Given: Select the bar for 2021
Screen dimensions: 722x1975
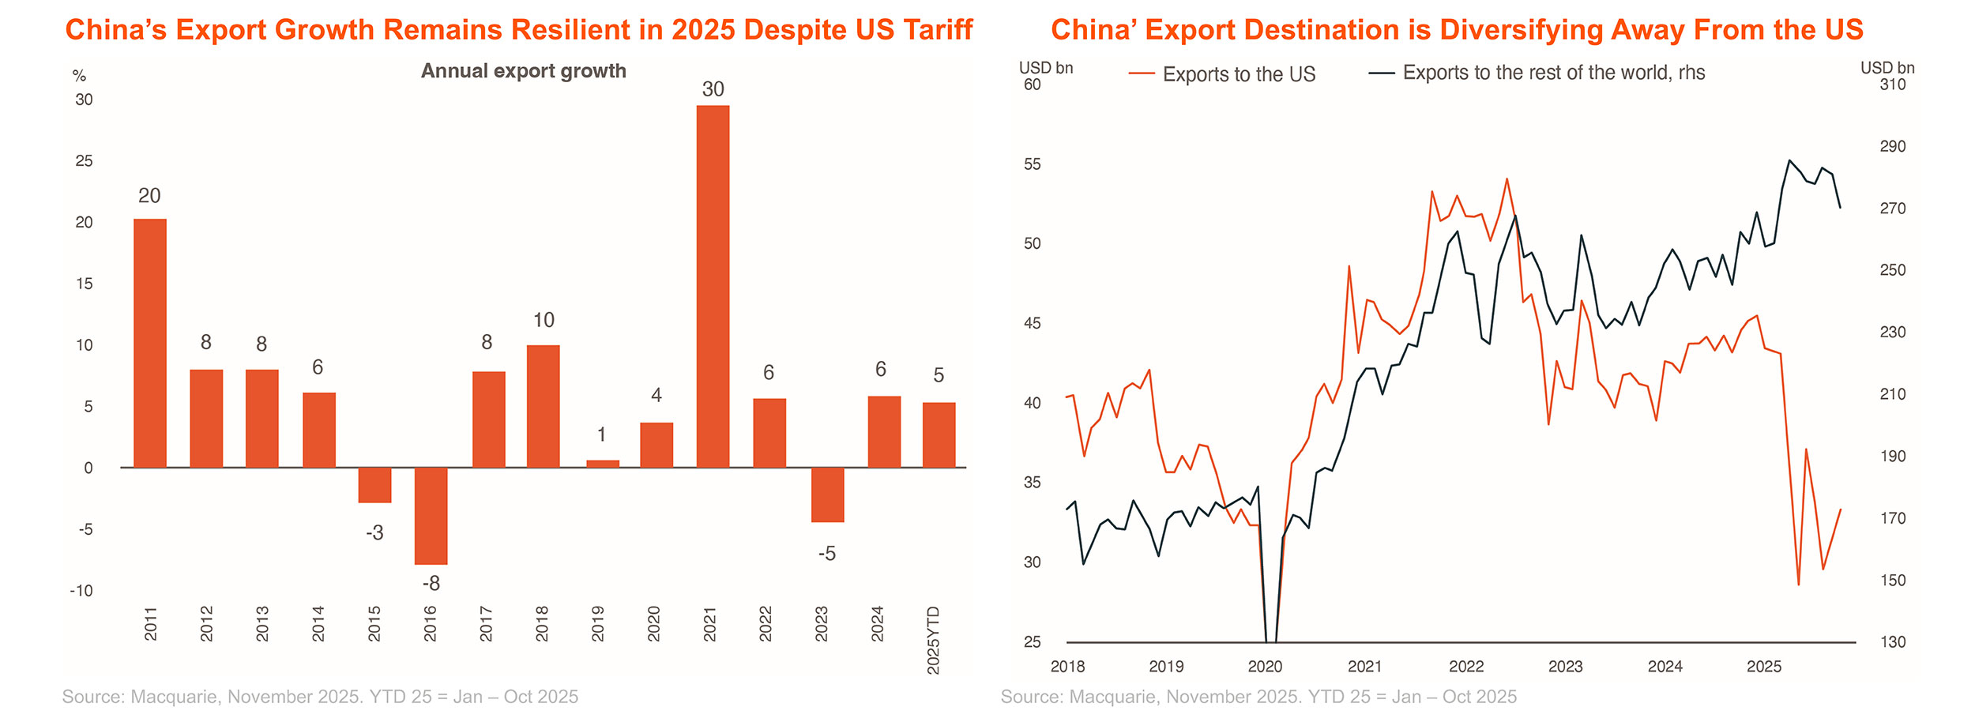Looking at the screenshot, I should pyautogui.click(x=713, y=286).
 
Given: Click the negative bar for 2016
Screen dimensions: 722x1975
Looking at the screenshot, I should pyautogui.click(x=431, y=516).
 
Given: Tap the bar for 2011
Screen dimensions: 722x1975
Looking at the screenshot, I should pyautogui.click(x=150, y=343).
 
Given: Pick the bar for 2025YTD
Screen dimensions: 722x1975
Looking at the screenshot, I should pyautogui.click(x=939, y=435).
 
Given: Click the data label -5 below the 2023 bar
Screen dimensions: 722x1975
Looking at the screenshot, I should pyautogui.click(x=827, y=554).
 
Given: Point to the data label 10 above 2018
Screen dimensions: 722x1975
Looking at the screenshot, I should pyautogui.click(x=544, y=320).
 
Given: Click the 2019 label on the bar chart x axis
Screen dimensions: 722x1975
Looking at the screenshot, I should pyautogui.click(x=598, y=623).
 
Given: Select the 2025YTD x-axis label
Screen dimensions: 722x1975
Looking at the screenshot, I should pyautogui.click(x=934, y=640).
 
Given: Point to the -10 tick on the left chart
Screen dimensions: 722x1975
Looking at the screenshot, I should pyautogui.click(x=81, y=591).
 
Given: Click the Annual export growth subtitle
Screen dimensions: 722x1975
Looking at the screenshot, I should pyautogui.click(x=523, y=71).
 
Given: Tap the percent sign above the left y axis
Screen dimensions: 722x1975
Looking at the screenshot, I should pyautogui.click(x=79, y=76).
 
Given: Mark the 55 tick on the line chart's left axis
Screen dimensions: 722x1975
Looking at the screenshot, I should pyautogui.click(x=1033, y=164).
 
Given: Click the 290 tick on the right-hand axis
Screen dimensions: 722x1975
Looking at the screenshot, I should pyautogui.click(x=1892, y=146).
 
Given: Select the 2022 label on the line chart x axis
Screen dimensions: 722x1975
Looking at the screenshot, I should pyautogui.click(x=1466, y=667).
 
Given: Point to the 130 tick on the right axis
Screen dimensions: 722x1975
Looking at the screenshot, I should pyautogui.click(x=1892, y=642).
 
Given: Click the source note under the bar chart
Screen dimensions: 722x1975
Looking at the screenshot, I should pyautogui.click(x=320, y=697).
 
